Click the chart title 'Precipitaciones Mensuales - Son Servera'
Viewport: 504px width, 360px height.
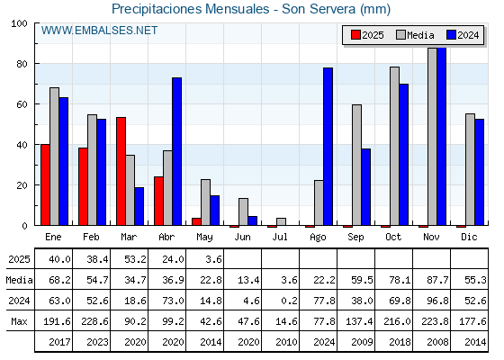point(234,9)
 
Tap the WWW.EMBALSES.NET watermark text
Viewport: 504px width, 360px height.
point(99,31)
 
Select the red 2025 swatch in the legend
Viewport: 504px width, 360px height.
point(355,35)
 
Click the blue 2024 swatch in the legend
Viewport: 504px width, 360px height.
point(451,35)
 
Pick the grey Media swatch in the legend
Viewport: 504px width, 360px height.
point(400,35)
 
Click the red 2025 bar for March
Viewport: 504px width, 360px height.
point(121,171)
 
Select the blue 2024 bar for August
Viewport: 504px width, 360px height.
point(328,147)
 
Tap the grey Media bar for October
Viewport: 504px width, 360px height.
point(395,146)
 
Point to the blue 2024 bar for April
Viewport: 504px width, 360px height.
point(176,151)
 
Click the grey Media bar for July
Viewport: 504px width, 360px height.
point(281,221)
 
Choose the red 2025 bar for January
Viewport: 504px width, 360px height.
point(45,184)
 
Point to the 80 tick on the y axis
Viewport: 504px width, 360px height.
point(22,64)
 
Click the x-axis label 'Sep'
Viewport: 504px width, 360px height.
point(355,238)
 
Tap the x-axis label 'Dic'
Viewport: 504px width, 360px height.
point(469,237)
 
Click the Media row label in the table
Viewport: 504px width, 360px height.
point(19,280)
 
